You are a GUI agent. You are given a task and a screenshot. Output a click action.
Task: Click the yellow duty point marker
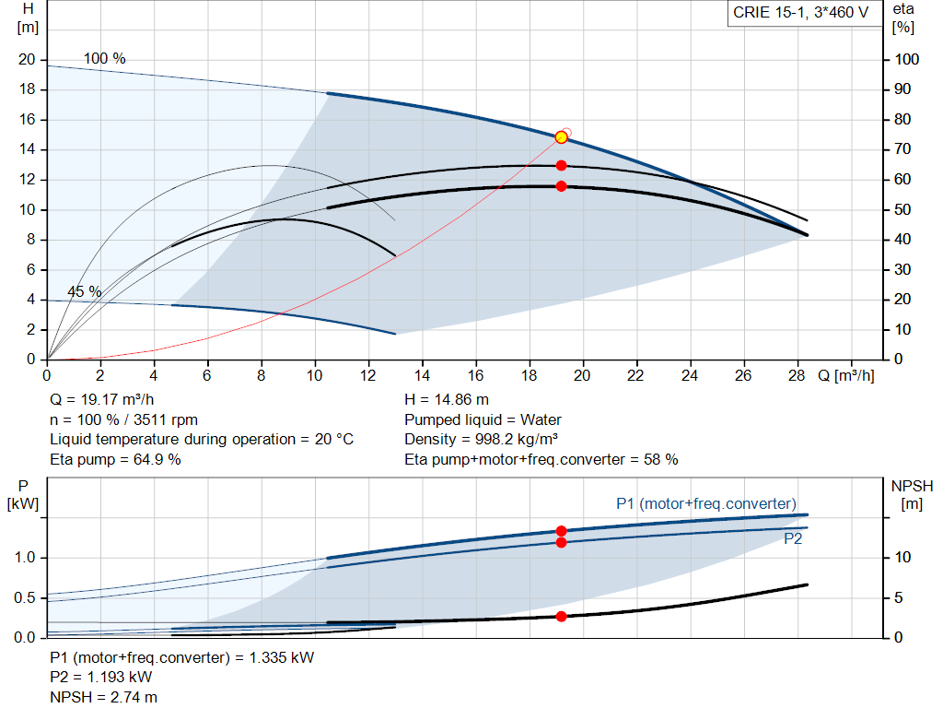pyautogui.click(x=561, y=137)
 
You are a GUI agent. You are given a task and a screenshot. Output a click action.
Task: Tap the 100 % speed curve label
pyautogui.click(x=105, y=58)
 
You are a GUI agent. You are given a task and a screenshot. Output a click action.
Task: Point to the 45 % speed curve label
pyautogui.click(x=84, y=291)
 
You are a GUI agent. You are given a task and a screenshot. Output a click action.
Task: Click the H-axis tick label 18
pyautogui.click(x=27, y=89)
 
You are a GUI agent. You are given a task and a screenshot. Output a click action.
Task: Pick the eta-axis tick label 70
pyautogui.click(x=902, y=148)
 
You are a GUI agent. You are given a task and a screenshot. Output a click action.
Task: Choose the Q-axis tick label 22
pyautogui.click(x=635, y=375)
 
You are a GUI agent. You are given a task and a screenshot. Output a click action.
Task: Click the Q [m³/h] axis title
pyautogui.click(x=846, y=375)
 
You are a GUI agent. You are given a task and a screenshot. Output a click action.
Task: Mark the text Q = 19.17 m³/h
pyautogui.click(x=102, y=400)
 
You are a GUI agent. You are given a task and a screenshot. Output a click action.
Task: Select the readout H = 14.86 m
pyautogui.click(x=447, y=400)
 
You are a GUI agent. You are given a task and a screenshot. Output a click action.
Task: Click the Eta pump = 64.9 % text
pyautogui.click(x=115, y=459)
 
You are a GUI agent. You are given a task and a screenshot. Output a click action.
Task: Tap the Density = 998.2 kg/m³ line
pyautogui.click(x=481, y=440)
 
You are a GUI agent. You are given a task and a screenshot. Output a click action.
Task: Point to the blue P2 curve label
pyautogui.click(x=793, y=538)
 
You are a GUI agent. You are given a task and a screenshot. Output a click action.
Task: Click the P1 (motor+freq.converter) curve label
pyautogui.click(x=706, y=503)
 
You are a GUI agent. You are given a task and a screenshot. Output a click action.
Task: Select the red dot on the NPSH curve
pyautogui.click(x=561, y=617)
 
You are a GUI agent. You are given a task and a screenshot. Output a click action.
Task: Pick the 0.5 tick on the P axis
pyautogui.click(x=25, y=597)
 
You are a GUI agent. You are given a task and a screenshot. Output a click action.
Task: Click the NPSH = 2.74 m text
pyautogui.click(x=103, y=697)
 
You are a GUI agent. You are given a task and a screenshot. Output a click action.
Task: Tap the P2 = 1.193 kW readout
pyautogui.click(x=101, y=678)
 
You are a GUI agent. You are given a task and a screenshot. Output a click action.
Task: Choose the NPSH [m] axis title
pyautogui.click(x=912, y=495)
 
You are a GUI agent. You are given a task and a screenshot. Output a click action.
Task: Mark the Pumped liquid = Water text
pyautogui.click(x=483, y=419)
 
